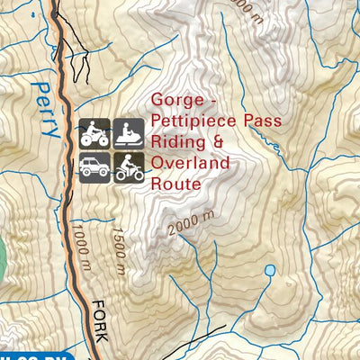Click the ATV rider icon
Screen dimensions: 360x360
click(x=94, y=134)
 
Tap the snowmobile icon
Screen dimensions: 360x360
click(x=128, y=134)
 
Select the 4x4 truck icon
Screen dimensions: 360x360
click(x=94, y=167)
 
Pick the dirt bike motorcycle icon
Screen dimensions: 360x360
click(x=128, y=167)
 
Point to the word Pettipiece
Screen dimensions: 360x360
click(x=186, y=121)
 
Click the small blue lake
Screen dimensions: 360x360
click(x=268, y=270)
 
